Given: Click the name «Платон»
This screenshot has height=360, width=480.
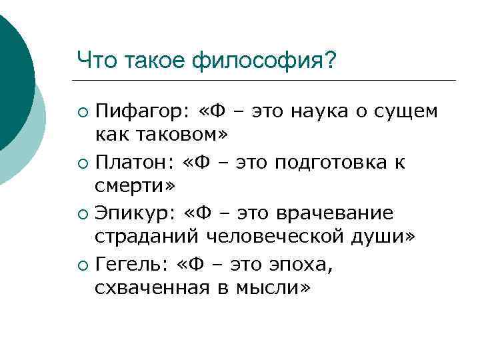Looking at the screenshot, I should pyautogui.click(x=130, y=162).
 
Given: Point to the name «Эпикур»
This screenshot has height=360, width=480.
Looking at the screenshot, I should pyautogui.click(x=130, y=213).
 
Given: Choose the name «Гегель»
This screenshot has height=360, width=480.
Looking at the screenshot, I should pyautogui.click(x=130, y=265).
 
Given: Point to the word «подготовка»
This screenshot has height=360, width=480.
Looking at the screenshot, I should pyautogui.click(x=333, y=162).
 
